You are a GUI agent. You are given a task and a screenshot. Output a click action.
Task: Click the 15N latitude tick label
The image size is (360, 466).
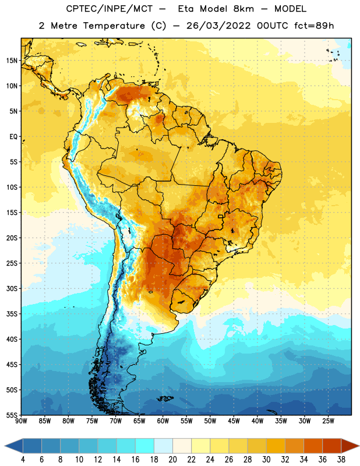click(12, 61)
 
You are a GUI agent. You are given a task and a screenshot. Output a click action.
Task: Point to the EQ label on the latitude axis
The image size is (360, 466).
click(13, 137)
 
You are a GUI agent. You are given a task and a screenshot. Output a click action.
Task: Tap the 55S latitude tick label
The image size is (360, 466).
click(12, 415)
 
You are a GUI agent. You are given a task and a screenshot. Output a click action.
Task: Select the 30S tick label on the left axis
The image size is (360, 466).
click(12, 288)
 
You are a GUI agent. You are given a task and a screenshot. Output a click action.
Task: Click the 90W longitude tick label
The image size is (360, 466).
click(21, 421)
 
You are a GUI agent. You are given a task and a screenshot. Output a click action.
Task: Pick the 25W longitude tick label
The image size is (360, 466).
click(328, 421)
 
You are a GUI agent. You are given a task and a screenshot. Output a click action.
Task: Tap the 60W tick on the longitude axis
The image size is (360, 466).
click(163, 421)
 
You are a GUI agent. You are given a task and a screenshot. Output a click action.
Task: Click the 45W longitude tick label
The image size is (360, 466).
click(234, 421)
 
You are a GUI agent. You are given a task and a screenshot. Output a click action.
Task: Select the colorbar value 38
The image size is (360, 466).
click(341, 460)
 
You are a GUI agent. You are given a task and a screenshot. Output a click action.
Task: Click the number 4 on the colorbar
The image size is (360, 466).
click(23, 460)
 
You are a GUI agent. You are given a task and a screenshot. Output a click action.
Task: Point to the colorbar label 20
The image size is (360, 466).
click(172, 460)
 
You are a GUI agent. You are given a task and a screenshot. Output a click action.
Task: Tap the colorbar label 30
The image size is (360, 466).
click(266, 460)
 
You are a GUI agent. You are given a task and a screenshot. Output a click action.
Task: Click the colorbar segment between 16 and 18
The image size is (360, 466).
click(145, 446)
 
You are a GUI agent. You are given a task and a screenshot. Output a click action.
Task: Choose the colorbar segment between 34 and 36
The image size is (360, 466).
click(313, 446)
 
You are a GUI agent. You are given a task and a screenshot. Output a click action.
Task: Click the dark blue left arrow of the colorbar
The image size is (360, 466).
click(14, 446)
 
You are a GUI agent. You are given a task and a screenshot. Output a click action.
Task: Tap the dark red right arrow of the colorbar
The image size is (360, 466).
click(350, 446)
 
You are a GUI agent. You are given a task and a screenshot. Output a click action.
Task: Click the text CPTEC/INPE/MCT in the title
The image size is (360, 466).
click(110, 9)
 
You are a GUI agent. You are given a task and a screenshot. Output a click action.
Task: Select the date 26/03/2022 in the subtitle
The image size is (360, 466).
click(218, 26)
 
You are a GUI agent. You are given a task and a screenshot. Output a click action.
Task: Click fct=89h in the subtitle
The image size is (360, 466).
click(314, 26)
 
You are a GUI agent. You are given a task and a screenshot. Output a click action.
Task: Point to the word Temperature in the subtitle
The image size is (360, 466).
click(114, 26)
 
